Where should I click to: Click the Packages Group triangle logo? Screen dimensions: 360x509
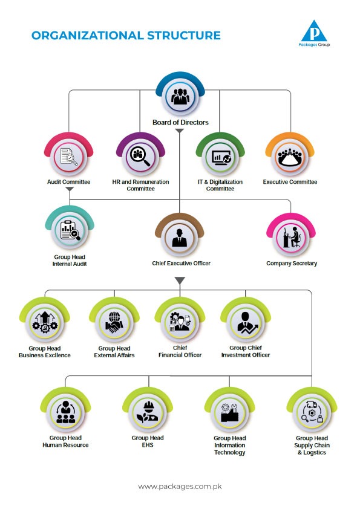point(314,31)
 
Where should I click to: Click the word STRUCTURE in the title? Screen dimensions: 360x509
point(184,36)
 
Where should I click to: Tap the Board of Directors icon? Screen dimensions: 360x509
point(180,96)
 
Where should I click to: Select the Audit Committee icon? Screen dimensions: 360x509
point(68,157)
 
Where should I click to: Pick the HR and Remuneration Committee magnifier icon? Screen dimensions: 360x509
point(140,157)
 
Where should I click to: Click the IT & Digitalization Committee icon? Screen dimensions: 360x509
point(221,157)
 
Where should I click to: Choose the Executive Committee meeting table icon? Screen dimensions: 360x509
point(290,157)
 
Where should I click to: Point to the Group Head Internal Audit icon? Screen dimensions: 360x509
point(70,230)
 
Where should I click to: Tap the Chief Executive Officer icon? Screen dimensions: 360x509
point(180,238)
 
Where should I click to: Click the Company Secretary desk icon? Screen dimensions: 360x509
point(291,238)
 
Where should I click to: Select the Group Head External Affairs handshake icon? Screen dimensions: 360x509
point(114,322)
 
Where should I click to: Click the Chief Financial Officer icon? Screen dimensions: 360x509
point(180,322)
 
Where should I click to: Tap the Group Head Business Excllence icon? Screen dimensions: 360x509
point(45,322)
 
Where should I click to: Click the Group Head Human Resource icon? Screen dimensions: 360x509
point(65,412)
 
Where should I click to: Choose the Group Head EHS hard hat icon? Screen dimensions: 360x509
point(148,412)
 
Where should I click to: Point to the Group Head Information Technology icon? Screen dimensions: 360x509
point(230,412)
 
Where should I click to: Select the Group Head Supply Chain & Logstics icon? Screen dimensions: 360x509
point(312,412)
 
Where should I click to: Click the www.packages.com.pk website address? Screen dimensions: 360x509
point(180,486)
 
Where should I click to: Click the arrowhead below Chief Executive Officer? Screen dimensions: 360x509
point(180,280)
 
